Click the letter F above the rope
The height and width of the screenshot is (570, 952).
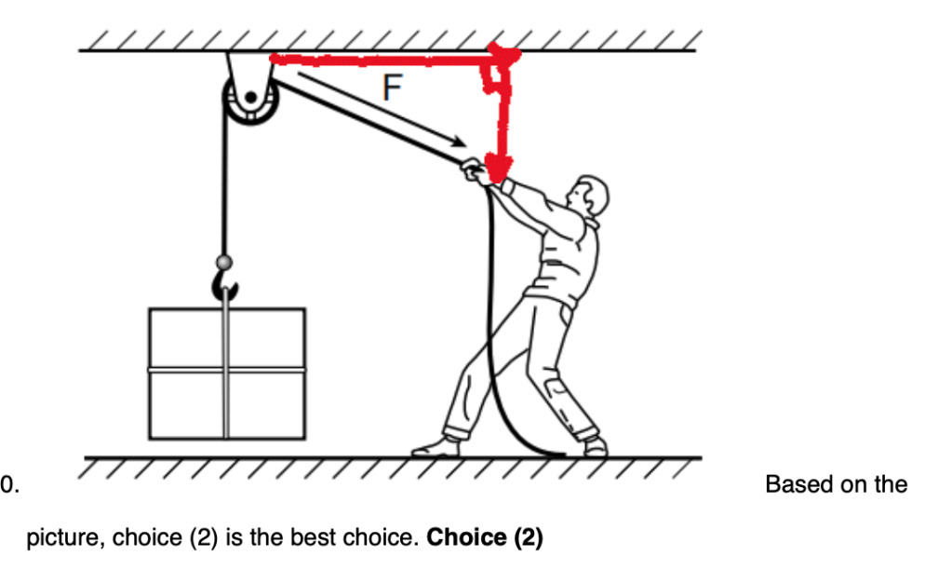[393, 88]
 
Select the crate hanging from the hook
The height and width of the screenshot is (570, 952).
[226, 373]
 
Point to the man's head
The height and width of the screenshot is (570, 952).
[590, 197]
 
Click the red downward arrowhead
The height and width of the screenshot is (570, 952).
[500, 170]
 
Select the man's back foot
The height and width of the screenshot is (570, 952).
[595, 448]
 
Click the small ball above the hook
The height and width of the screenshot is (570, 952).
[223, 262]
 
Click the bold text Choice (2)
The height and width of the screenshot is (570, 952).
[484, 537]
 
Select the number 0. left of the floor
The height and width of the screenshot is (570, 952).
[9, 485]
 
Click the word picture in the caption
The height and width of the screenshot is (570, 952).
[57, 537]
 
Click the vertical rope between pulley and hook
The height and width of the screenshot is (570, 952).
[223, 186]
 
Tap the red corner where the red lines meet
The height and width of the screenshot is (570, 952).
[503, 58]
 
